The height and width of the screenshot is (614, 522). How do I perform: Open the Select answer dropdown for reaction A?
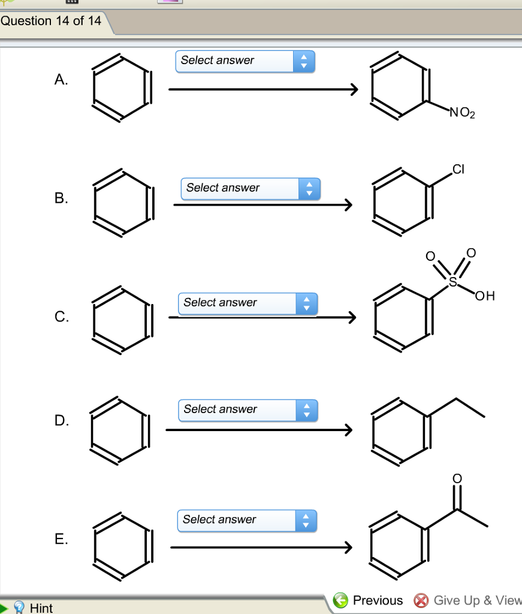[245, 61]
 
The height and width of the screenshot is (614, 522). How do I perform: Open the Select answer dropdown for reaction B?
[250, 188]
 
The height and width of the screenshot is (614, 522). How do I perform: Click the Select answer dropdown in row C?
[247, 303]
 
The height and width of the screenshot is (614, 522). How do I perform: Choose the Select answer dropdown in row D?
[248, 410]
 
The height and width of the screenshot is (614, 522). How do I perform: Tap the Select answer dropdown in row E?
[246, 520]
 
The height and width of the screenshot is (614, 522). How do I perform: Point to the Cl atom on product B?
[458, 169]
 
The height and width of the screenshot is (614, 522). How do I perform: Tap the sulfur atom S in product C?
[452, 280]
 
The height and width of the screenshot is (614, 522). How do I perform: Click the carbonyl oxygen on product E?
[457, 478]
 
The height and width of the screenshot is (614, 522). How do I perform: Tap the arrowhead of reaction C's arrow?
[351, 317]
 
